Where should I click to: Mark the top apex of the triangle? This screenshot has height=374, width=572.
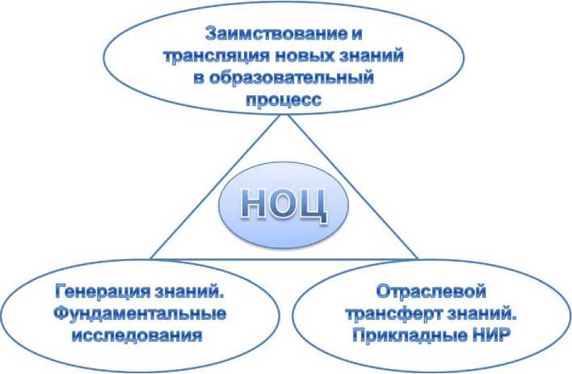(x=287, y=115)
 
